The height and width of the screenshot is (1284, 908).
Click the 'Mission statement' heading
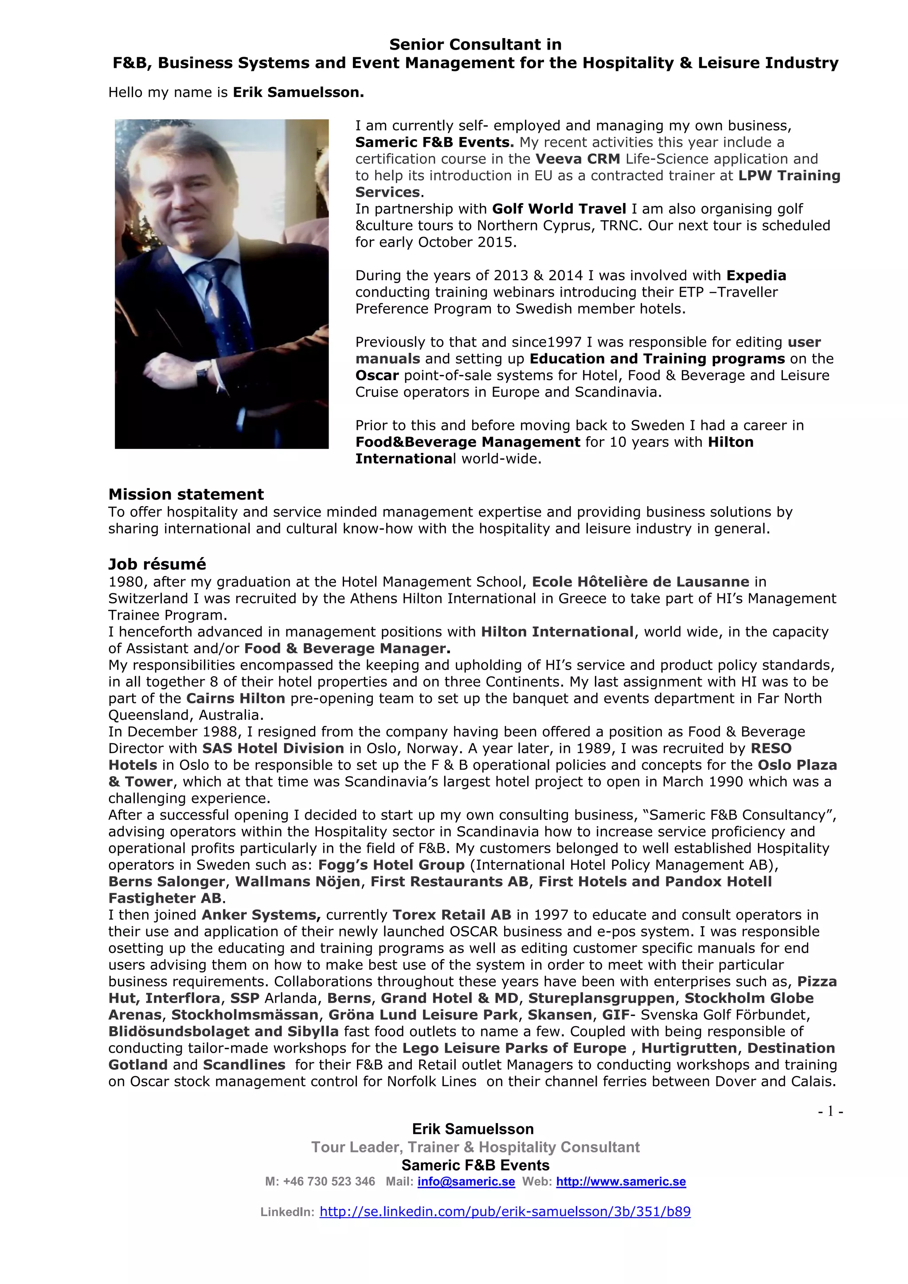pyautogui.click(x=186, y=494)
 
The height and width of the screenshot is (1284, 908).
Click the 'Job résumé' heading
pyautogui.click(x=157, y=564)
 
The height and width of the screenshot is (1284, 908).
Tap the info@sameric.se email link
pyautogui.click(x=466, y=1182)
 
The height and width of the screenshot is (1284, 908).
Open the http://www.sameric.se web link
pyautogui.click(x=620, y=1182)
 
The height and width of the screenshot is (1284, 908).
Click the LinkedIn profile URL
pyautogui.click(x=505, y=1211)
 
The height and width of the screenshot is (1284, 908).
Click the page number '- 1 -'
pyautogui.click(x=830, y=1111)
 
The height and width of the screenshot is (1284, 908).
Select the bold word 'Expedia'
pyautogui.click(x=756, y=276)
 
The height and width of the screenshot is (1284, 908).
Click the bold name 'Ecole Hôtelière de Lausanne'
pyautogui.click(x=640, y=582)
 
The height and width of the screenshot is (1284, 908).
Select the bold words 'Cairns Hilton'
pyautogui.click(x=235, y=699)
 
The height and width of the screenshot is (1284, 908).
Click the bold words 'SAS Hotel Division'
pyautogui.click(x=273, y=748)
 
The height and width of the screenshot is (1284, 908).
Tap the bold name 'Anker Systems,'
pyautogui.click(x=261, y=915)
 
